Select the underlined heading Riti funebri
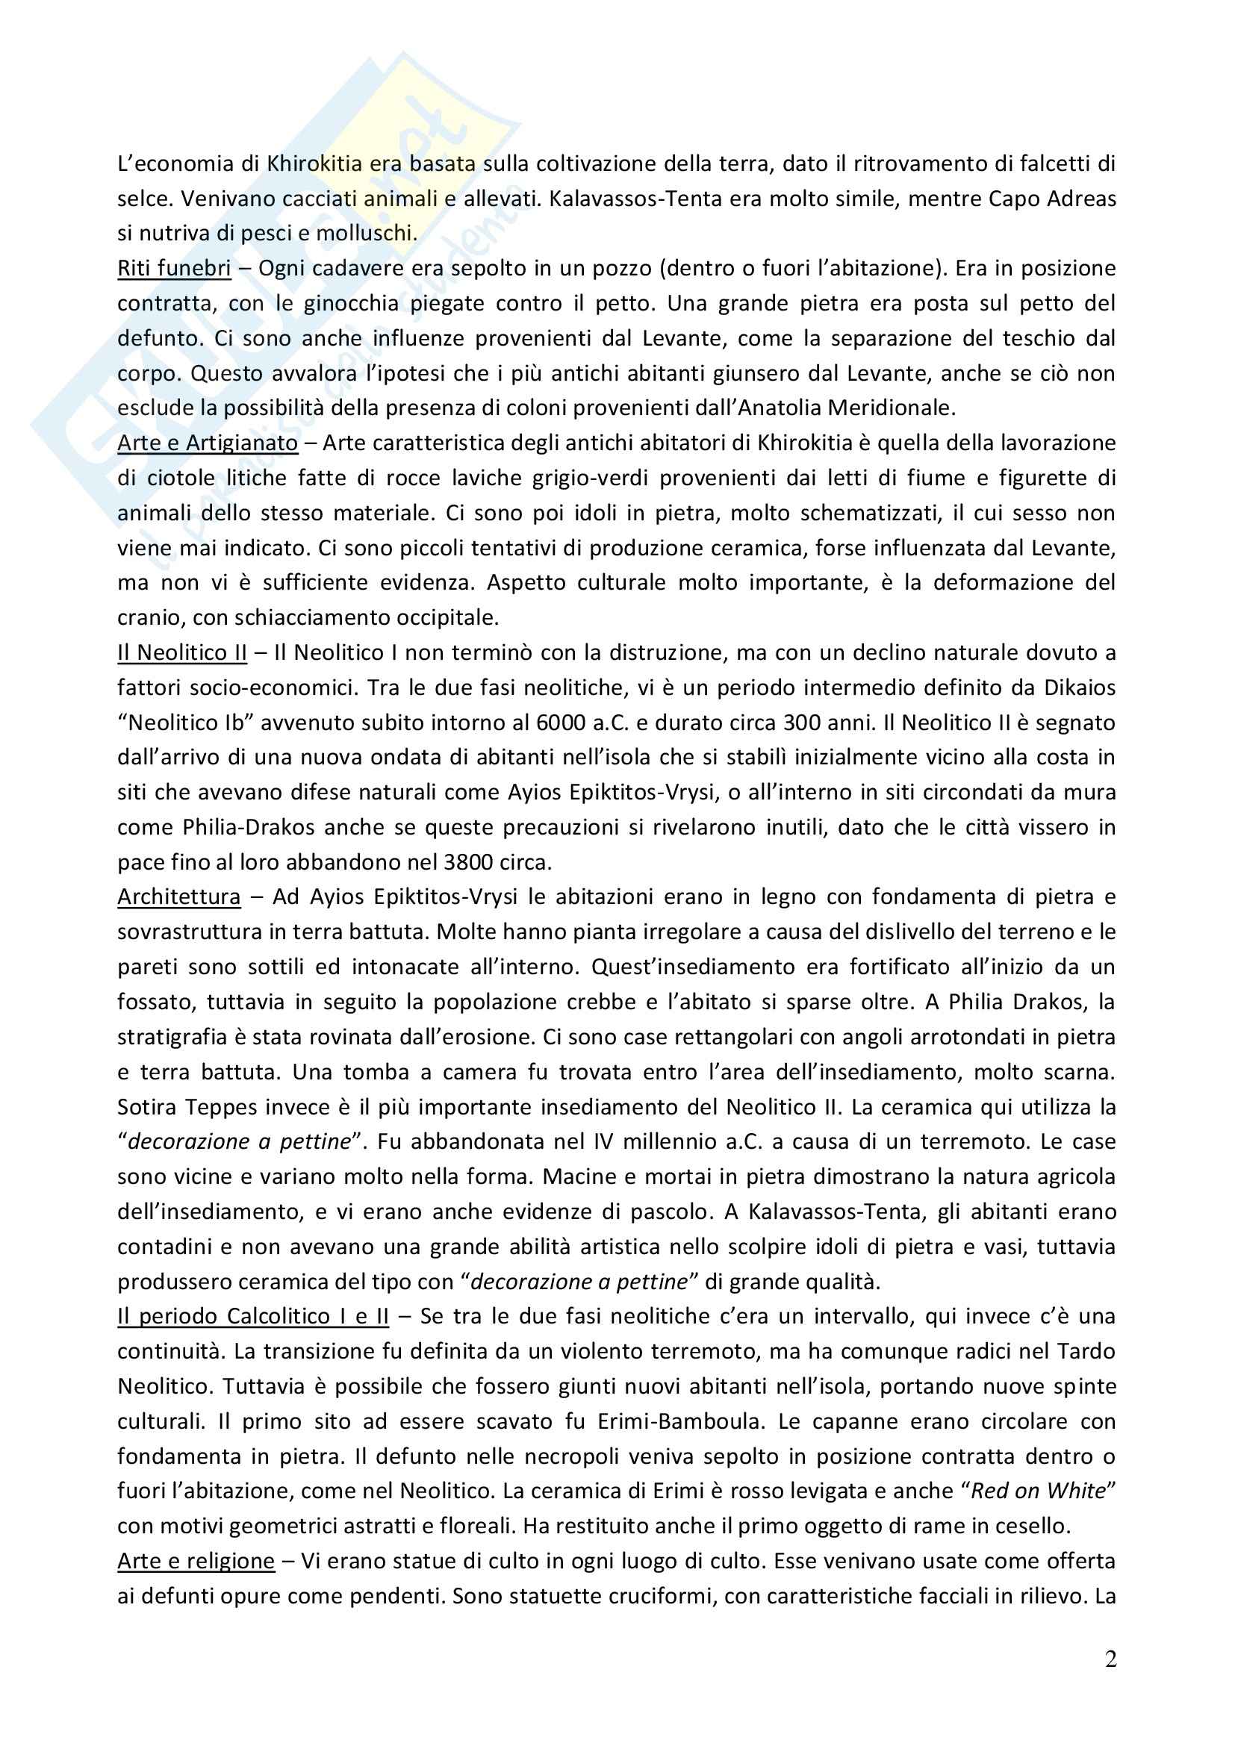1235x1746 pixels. pos(174,269)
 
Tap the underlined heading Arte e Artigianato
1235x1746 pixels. pos(208,443)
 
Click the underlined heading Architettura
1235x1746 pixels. pos(178,897)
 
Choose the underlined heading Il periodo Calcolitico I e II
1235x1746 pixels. pos(252,1316)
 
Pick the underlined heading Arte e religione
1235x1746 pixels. pos(196,1561)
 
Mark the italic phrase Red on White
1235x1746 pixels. pos(1038,1491)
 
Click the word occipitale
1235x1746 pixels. pos(442,618)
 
